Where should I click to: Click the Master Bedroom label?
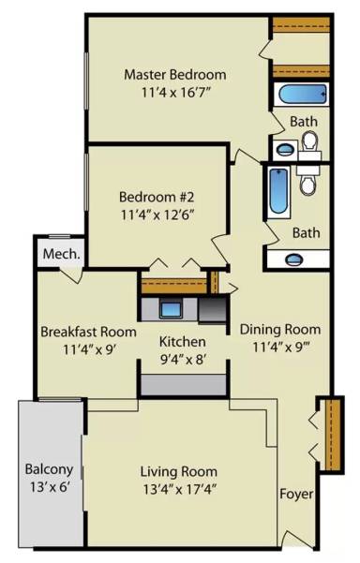[175, 75]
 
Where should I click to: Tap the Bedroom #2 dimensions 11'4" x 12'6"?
[157, 215]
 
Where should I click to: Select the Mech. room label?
[62, 254]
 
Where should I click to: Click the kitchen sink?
[171, 309]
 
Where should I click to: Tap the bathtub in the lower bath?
[279, 191]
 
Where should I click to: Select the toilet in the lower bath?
[308, 183]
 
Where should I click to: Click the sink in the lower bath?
[293, 259]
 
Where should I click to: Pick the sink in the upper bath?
[286, 149]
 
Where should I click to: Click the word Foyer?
[296, 494]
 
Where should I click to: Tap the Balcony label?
[50, 469]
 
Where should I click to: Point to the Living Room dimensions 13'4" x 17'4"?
[180, 489]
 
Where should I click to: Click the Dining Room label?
[280, 330]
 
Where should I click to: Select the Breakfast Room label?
[88, 332]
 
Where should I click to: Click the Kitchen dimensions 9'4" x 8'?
[183, 359]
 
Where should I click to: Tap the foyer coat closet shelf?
[335, 434]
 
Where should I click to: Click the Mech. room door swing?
[71, 275]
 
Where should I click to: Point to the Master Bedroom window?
[86, 81]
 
